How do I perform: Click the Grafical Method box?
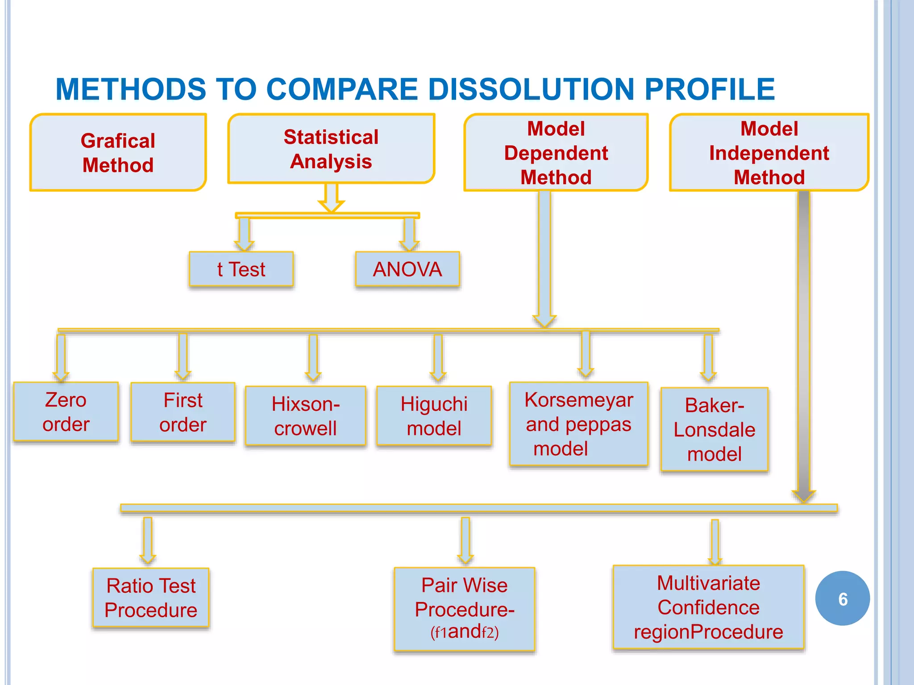(x=118, y=153)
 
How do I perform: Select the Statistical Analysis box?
(x=331, y=149)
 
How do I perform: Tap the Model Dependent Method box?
(x=556, y=153)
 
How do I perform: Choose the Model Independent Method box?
(x=769, y=153)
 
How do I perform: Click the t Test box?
(x=241, y=269)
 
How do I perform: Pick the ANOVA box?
(x=407, y=269)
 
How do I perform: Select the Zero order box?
(x=66, y=412)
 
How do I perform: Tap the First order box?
(x=183, y=412)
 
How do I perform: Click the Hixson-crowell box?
(x=306, y=416)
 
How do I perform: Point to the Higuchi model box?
(x=434, y=416)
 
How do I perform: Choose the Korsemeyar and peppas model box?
(x=578, y=424)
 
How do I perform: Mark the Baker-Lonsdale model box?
(x=714, y=429)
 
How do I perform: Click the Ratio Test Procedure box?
(x=151, y=598)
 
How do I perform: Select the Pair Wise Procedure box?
(x=464, y=609)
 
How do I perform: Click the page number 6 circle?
(x=843, y=598)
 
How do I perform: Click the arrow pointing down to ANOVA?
(x=409, y=233)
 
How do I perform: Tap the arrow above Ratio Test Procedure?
(x=148, y=541)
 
